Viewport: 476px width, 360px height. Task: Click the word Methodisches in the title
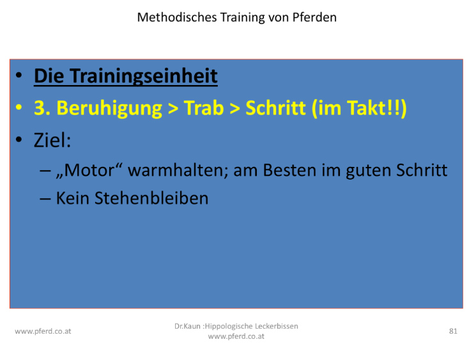click(x=177, y=17)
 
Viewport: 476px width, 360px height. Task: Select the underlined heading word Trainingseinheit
click(x=144, y=76)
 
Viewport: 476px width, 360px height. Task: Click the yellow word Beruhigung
click(x=109, y=109)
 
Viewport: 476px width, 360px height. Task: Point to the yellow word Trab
click(x=204, y=108)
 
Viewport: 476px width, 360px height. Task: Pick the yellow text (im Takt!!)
click(x=359, y=109)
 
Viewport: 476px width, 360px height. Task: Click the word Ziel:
click(x=52, y=140)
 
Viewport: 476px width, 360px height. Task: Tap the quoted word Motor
click(x=89, y=169)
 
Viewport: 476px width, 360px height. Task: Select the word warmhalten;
click(x=178, y=170)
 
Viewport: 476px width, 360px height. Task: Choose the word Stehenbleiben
click(x=151, y=198)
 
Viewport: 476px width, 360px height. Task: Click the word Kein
click(x=73, y=198)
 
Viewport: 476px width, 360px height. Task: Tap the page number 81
click(x=453, y=331)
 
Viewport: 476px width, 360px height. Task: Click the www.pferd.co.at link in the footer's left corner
click(x=43, y=331)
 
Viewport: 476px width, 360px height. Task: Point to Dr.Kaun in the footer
click(x=187, y=326)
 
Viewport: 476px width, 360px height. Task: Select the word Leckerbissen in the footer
click(x=276, y=326)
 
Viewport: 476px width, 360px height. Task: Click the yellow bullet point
click(x=19, y=107)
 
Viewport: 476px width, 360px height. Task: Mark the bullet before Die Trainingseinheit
click(x=19, y=75)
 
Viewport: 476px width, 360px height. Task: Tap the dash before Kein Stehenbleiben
click(x=45, y=200)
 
